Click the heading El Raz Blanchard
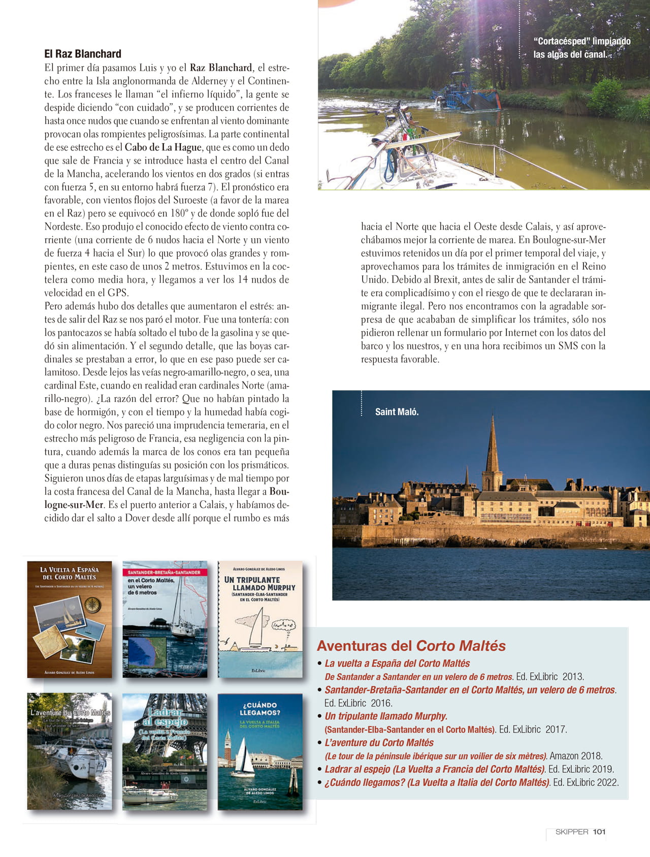83,54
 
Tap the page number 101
599,832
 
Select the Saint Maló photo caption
397,412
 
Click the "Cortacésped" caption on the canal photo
581,48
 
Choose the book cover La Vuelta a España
70,619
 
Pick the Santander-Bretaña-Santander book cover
165,619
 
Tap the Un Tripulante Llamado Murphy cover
260,619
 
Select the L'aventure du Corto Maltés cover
70,751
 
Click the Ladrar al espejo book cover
165,751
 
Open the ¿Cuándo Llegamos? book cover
260,751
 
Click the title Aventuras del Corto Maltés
411,646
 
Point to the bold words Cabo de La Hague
164,147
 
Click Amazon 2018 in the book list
576,756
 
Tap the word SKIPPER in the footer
571,832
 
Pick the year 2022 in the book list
607,782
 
